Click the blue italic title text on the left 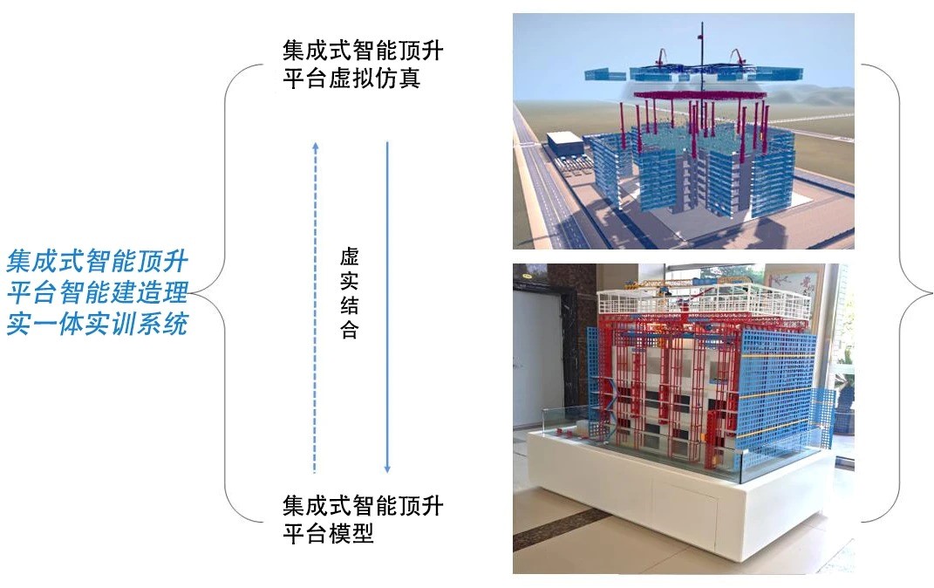(x=98, y=292)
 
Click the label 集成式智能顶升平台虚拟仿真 (x=363, y=64)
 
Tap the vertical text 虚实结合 (x=349, y=293)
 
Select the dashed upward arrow (x=315, y=305)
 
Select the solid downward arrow (x=387, y=305)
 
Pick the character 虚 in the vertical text (x=349, y=257)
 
